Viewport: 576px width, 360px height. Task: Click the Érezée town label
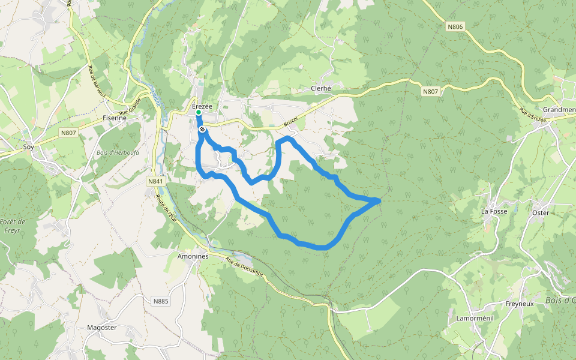pyautogui.click(x=202, y=106)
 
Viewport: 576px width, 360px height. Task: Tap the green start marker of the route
pyautogui.click(x=198, y=112)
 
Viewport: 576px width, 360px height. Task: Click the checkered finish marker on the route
pyautogui.click(x=203, y=129)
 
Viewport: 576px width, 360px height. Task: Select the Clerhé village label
pyautogui.click(x=321, y=88)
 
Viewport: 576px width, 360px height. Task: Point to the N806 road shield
pyautogui.click(x=455, y=26)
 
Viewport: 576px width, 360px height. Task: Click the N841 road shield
pyautogui.click(x=155, y=181)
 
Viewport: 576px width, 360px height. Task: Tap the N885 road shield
pyautogui.click(x=161, y=301)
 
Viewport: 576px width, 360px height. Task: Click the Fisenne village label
pyautogui.click(x=115, y=118)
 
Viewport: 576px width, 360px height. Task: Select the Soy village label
pyautogui.click(x=28, y=146)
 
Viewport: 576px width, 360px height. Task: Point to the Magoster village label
pyautogui.click(x=101, y=328)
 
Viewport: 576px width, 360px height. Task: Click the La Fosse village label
pyautogui.click(x=494, y=211)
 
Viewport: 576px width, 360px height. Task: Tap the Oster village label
pyautogui.click(x=541, y=212)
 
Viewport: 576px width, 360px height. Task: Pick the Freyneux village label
pyautogui.click(x=520, y=304)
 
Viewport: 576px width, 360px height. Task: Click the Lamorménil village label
pyautogui.click(x=474, y=318)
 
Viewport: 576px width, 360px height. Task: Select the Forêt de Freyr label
pyautogui.click(x=14, y=226)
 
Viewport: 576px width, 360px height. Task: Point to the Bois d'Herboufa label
pyautogui.click(x=119, y=152)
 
